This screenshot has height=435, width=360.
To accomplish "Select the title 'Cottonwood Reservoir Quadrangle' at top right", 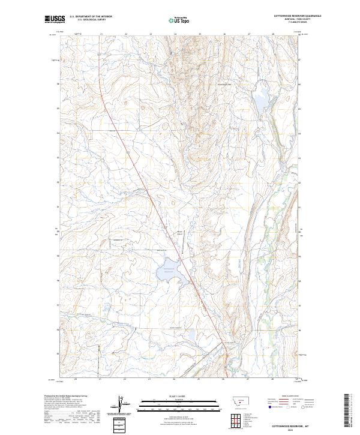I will pos(298,16).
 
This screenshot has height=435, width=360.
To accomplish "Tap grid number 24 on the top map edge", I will pos(175,34).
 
